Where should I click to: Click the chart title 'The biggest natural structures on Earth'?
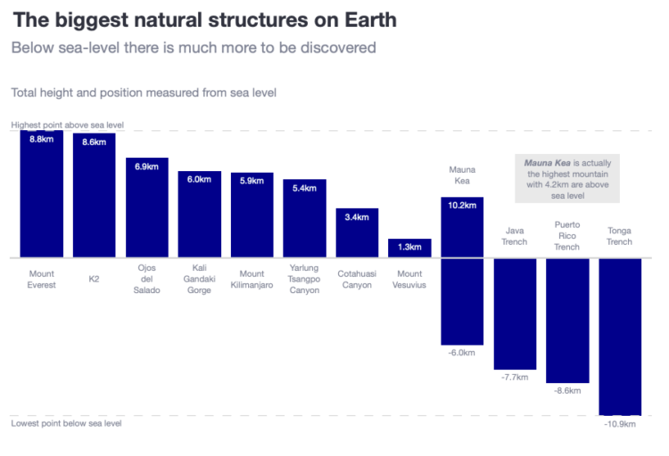(x=204, y=19)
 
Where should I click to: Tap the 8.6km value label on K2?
(x=94, y=142)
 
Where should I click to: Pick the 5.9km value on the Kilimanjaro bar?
(x=252, y=180)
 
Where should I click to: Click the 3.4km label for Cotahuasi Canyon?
(x=357, y=216)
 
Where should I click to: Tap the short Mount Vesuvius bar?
(x=409, y=248)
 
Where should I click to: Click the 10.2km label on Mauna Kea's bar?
(x=462, y=205)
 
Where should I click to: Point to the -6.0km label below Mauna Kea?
(x=462, y=354)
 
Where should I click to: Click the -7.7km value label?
(x=515, y=378)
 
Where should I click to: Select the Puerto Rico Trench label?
(x=567, y=236)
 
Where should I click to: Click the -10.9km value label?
(x=620, y=424)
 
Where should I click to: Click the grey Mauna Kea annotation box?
(x=567, y=179)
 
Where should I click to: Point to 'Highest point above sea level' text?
(x=67, y=126)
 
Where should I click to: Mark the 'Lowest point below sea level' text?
(x=66, y=423)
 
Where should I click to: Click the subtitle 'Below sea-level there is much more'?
(x=194, y=47)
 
